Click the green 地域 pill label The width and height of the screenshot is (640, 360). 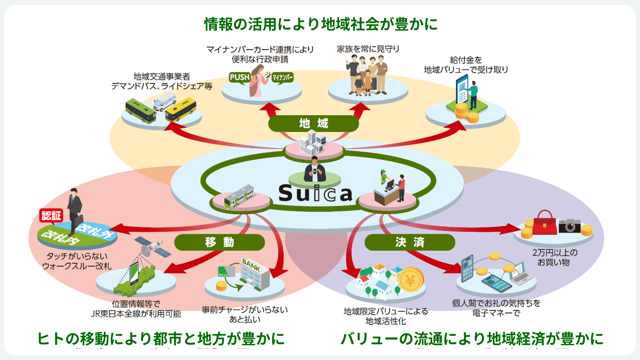coord(313,123)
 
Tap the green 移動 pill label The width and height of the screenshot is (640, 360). coord(219,242)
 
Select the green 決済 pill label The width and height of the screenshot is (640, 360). coord(409,242)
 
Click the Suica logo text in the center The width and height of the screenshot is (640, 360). coord(315,193)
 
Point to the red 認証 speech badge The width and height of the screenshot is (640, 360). coord(51,215)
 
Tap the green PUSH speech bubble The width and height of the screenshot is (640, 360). coord(239,77)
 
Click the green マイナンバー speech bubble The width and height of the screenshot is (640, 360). coord(282,77)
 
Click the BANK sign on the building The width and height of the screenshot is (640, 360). coord(251,265)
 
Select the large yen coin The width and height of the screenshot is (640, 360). coord(411,280)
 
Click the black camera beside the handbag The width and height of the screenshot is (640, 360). coord(569,225)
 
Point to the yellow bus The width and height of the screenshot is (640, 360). coord(181,109)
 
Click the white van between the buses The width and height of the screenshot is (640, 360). coord(164,101)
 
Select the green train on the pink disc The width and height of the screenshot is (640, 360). coord(239,197)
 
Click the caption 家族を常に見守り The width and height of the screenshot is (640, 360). coord(368,49)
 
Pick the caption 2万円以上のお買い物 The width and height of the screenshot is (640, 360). coord(555,257)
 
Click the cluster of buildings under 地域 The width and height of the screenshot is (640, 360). coord(312,143)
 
